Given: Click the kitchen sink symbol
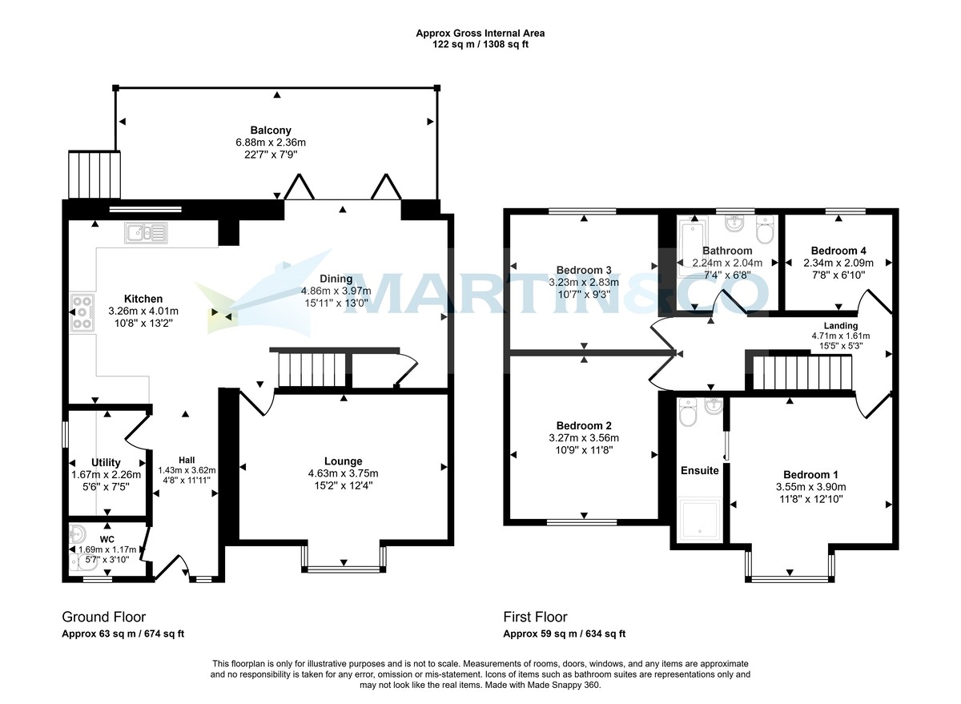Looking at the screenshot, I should pos(146,233).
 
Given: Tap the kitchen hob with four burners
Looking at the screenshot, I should pos(82,313).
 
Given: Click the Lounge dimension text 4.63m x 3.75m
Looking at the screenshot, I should pos(343,473).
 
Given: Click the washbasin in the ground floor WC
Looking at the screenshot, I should pos(78,533).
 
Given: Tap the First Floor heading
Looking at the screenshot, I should pos(535,617).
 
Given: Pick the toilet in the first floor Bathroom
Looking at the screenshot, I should pos(763,232).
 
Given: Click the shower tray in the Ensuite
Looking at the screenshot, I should pos(700,518).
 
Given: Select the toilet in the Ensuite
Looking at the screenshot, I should pos(687,414).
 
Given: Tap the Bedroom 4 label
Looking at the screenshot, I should pos(838,250).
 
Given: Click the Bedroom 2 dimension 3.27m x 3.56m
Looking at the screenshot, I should pos(584,437).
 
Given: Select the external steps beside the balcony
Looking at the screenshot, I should pos(94,174).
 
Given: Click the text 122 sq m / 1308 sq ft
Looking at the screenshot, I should pos(480,45).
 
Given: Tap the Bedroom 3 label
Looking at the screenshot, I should pos(584,270).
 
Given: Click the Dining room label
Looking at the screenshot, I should pos(336,279).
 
